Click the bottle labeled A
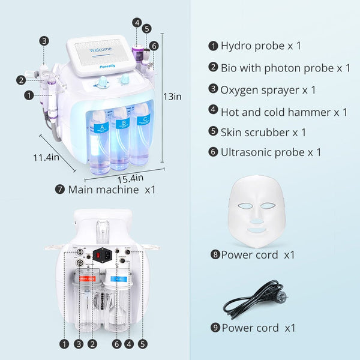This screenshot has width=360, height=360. (100, 137)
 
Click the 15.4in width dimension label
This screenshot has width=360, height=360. (131, 178)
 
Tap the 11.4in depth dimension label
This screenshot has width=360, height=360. (47, 158)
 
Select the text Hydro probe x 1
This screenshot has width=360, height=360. (261, 46)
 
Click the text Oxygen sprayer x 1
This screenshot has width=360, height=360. (268, 90)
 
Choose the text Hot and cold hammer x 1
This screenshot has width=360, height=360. (284, 112)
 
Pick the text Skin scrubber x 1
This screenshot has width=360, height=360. (263, 132)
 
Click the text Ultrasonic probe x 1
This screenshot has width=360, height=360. (271, 152)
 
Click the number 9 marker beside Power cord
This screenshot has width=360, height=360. (214, 328)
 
